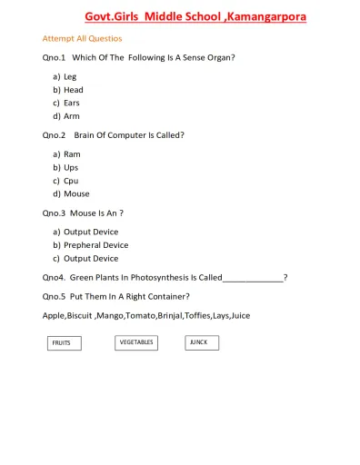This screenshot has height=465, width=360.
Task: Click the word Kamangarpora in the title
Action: pyautogui.click(x=273, y=16)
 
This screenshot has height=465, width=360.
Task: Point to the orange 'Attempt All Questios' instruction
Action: pyautogui.click(x=82, y=39)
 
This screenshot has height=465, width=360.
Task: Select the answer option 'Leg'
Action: pyautogui.click(x=70, y=76)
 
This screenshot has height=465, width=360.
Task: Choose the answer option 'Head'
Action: pyautogui.click(x=73, y=90)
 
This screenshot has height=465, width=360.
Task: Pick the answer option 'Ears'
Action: pyautogui.click(x=72, y=103)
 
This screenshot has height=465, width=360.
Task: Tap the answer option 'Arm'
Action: pyautogui.click(x=72, y=116)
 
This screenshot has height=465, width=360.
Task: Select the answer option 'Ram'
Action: pyautogui.click(x=72, y=154)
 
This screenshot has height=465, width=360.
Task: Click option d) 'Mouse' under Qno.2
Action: pyautogui.click(x=76, y=193)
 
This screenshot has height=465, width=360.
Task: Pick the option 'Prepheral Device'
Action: pyautogui.click(x=95, y=245)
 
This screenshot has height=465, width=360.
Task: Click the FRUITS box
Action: pyautogui.click(x=62, y=343)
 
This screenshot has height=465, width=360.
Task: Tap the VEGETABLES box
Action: pyautogui.click(x=136, y=342)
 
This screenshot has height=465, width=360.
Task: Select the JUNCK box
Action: pyautogui.click(x=201, y=342)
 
